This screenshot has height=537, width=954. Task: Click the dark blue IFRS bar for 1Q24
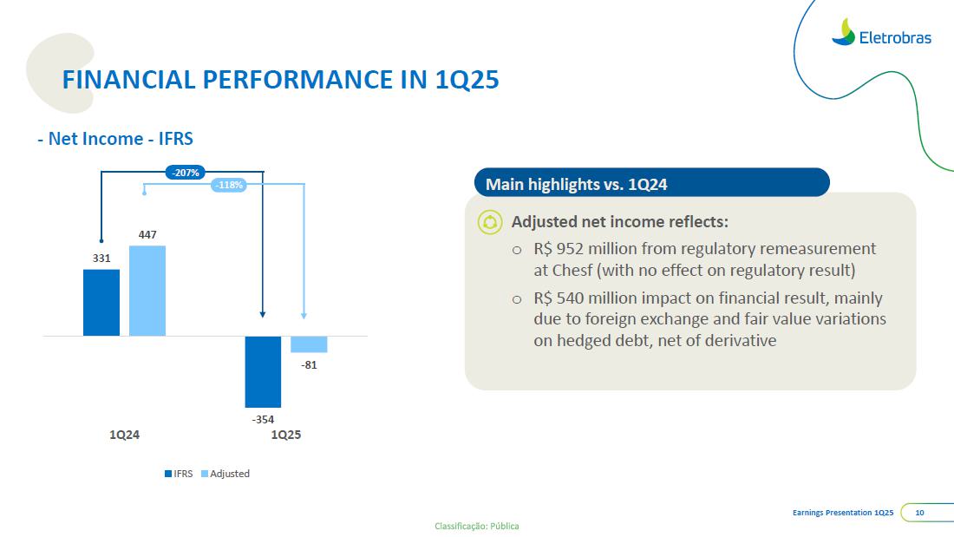coord(101,302)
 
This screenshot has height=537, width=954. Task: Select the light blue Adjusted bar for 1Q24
coord(147,291)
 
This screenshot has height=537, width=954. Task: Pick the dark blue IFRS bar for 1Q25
coord(263,371)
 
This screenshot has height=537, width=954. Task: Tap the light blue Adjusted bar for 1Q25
coord(309,344)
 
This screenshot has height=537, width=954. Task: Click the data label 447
coord(147,234)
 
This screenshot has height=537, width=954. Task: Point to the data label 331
coord(101,258)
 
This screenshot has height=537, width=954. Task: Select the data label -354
coord(263,420)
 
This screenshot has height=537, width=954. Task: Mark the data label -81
coord(309,365)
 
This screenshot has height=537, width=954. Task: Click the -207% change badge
coord(186,173)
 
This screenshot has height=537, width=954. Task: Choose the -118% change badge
coord(230,185)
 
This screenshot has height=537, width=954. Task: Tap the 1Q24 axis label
coord(124,435)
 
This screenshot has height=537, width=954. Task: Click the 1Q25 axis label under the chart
coord(286,435)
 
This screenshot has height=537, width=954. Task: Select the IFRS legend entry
coord(179,474)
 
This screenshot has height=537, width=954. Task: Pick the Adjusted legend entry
coord(225,474)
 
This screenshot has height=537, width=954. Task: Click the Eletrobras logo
coord(881,34)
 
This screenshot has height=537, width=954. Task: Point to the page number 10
coord(919,514)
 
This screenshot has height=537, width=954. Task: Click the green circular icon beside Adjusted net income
coord(490,223)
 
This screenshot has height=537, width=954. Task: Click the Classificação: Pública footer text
coord(476,526)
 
